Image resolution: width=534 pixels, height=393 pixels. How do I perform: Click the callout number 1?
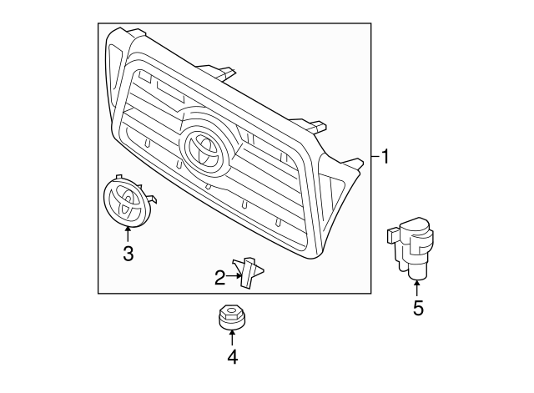click(x=385, y=156)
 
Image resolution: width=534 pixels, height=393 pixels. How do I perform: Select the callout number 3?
click(x=128, y=254)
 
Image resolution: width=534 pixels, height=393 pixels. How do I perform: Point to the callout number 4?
click(x=232, y=357)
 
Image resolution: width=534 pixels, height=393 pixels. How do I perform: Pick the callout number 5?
click(x=418, y=308)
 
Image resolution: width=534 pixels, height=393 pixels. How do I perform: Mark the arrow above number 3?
click(x=128, y=234)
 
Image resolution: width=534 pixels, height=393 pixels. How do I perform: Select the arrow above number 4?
click(x=232, y=338)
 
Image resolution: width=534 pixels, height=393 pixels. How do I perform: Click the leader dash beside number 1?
click(x=373, y=156)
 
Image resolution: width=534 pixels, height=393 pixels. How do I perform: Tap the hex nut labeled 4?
click(x=231, y=319)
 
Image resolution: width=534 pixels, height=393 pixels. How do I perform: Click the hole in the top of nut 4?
click(x=231, y=312)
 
